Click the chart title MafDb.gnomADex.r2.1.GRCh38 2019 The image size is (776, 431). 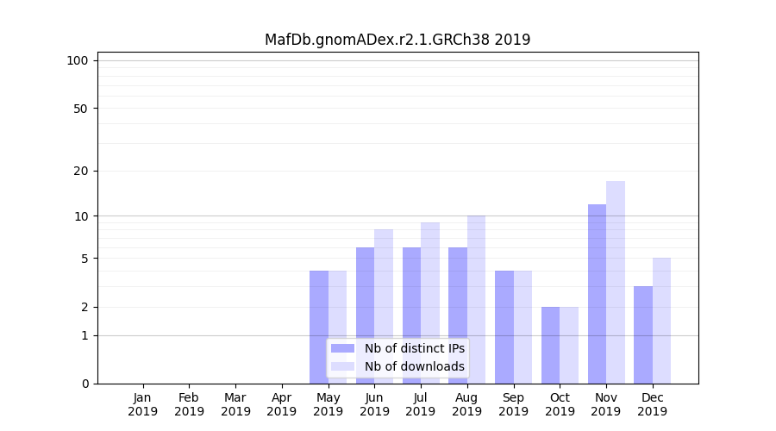click(x=397, y=40)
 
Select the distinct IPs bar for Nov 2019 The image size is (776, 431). click(x=597, y=294)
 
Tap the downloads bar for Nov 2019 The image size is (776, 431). click(x=616, y=282)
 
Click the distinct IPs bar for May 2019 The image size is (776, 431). click(x=319, y=327)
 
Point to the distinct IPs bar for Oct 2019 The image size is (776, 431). click(x=550, y=345)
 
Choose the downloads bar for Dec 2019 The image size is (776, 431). click(x=661, y=321)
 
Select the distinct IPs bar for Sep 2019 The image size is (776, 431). click(x=504, y=327)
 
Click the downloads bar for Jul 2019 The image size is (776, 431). click(x=429, y=303)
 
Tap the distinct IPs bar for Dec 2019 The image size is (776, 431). click(x=643, y=334)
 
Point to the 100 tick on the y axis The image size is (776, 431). click(x=78, y=60)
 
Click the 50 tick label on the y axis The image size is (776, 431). click(x=80, y=109)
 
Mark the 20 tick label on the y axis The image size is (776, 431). click(x=80, y=171)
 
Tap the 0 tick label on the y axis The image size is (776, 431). click(x=84, y=384)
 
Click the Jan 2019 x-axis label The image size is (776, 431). click(x=143, y=404)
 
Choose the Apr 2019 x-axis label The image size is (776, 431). click(x=282, y=404)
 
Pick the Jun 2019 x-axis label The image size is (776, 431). click(x=374, y=404)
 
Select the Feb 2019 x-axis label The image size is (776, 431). click(x=189, y=404)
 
